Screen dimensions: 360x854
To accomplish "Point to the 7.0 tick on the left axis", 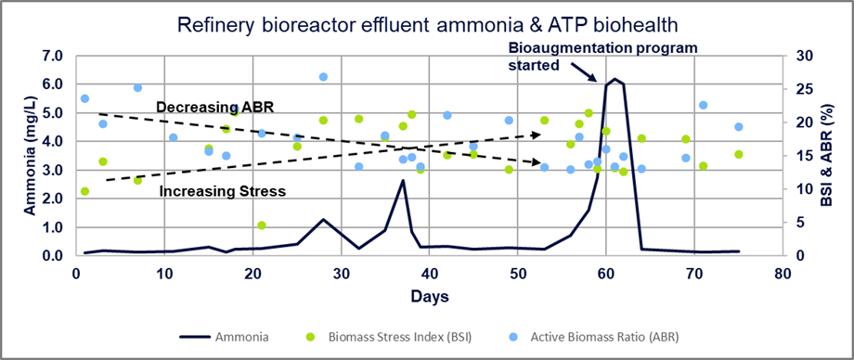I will point(52,56).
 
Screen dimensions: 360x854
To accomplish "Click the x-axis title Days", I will point(429,297).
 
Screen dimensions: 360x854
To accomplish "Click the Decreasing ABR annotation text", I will point(207,108).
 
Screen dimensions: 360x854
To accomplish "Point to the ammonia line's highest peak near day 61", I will point(615,79).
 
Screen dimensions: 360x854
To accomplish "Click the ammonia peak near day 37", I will point(403,180).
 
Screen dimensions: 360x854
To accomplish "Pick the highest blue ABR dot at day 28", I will point(323,77).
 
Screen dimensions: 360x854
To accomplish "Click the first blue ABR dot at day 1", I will point(84,98).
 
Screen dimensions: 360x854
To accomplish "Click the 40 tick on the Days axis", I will point(429,274).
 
